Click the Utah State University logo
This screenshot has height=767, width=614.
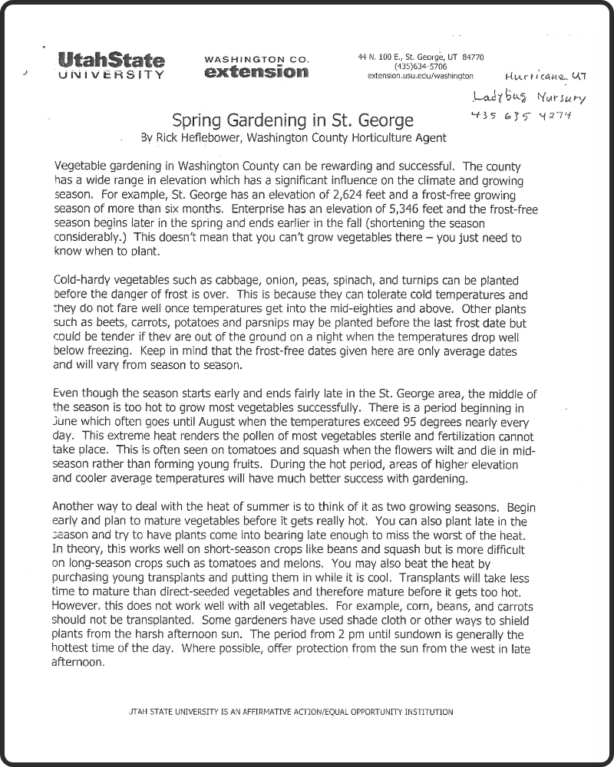[x=111, y=66]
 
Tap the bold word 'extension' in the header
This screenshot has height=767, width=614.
[x=257, y=73]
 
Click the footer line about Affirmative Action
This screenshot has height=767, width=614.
[x=292, y=711]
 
